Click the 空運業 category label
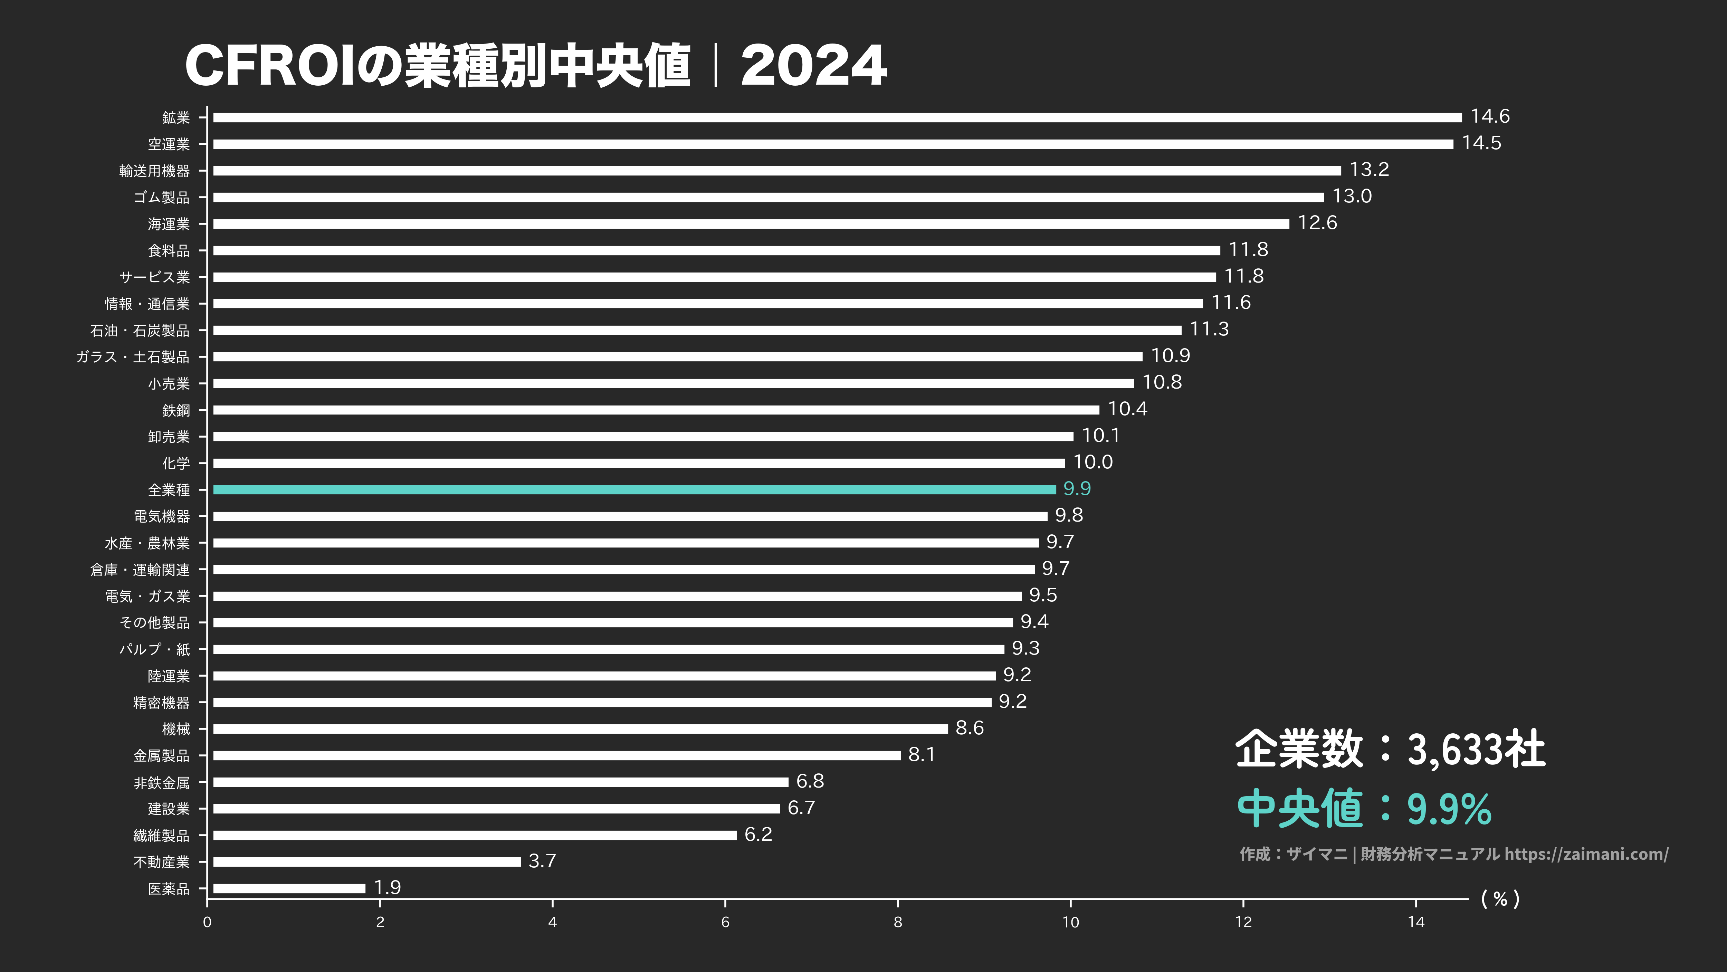click(169, 144)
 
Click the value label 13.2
click(1369, 170)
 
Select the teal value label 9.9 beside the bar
click(1077, 489)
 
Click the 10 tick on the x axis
click(1071, 922)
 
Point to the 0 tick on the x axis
click(207, 922)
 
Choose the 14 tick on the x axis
click(1416, 922)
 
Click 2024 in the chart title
click(813, 66)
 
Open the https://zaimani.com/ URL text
click(1586, 854)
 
